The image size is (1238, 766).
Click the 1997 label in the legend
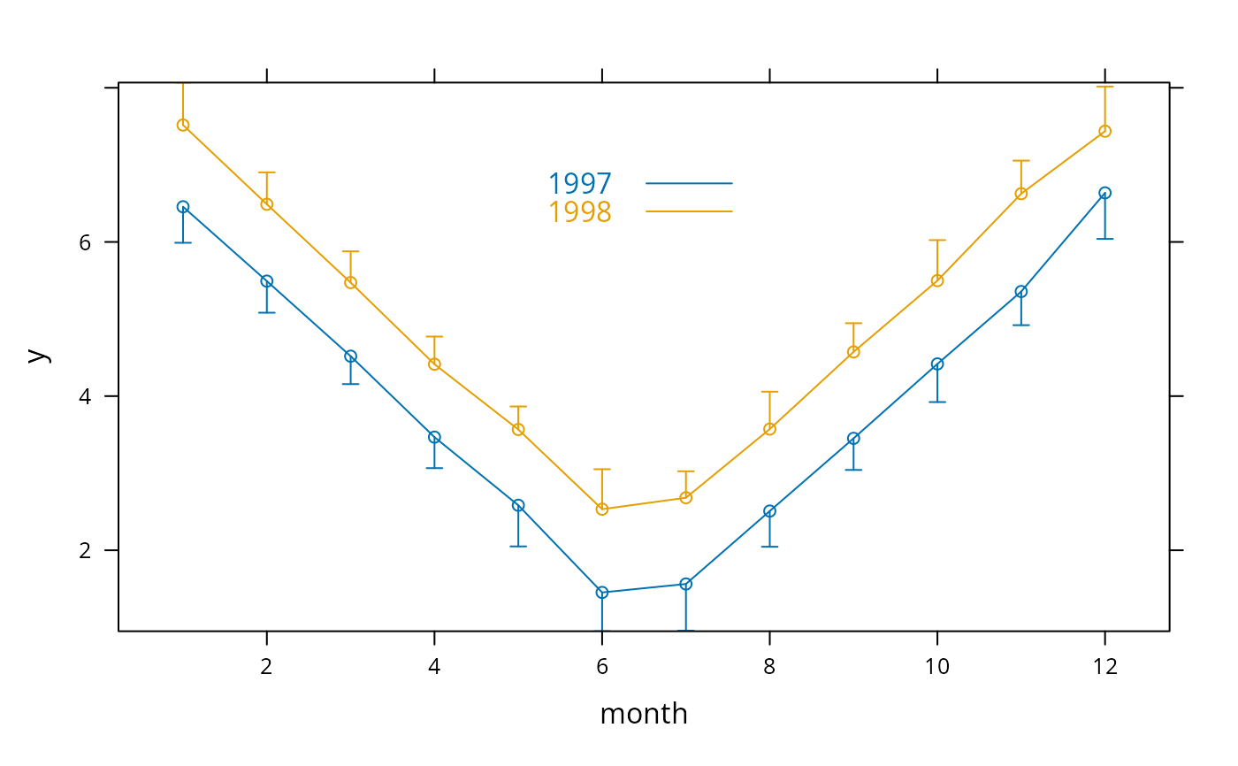tap(579, 184)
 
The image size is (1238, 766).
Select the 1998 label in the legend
tap(579, 212)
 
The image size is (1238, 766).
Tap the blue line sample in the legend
tap(689, 184)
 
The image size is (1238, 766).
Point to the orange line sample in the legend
tap(689, 212)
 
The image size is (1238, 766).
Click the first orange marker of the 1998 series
tap(183, 125)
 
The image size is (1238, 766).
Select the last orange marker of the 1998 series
tap(1104, 131)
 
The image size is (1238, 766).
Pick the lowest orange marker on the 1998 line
tap(602, 509)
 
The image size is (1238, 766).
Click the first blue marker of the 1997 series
tap(183, 207)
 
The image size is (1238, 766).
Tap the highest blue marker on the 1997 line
tap(1104, 193)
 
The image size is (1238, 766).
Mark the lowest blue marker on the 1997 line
tap(602, 593)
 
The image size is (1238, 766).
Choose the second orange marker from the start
tap(267, 204)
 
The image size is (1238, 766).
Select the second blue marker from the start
tap(267, 281)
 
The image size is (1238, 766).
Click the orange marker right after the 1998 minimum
tap(685, 497)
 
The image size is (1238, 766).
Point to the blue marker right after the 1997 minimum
tap(685, 584)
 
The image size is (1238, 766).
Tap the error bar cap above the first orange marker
tap(183, 84)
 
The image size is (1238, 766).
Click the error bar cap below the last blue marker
tap(1104, 239)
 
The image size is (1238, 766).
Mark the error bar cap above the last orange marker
tap(1104, 87)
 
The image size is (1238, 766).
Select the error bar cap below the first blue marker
tap(183, 242)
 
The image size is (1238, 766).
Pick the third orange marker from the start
tap(350, 282)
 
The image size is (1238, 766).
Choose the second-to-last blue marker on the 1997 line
tap(1021, 291)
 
